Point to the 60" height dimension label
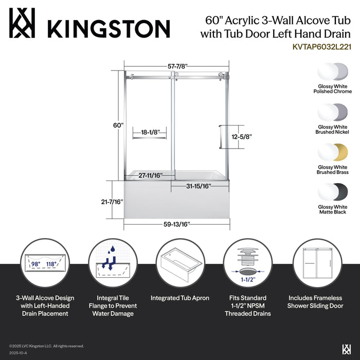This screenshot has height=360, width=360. (118, 125)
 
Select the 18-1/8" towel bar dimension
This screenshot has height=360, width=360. (149, 132)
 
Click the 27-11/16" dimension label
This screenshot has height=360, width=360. (150, 175)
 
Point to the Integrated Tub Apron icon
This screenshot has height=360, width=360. (180, 263)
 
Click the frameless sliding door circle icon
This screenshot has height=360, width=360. (316, 263)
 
